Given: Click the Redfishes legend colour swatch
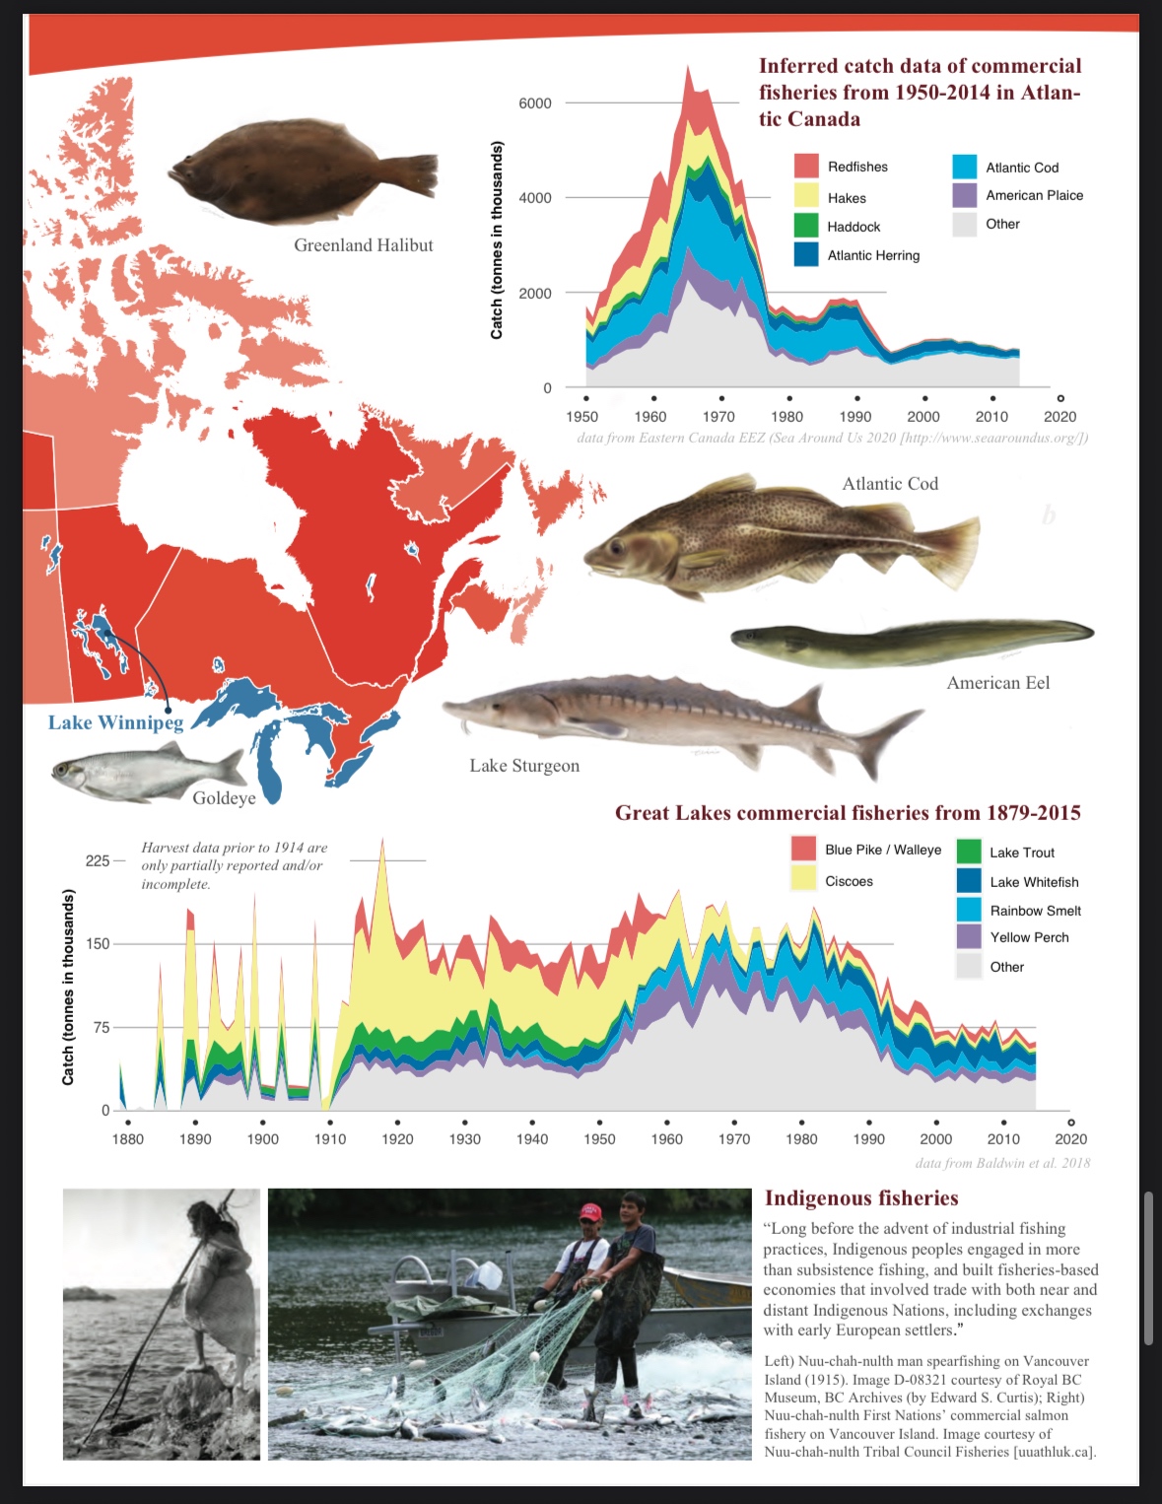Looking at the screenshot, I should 806,167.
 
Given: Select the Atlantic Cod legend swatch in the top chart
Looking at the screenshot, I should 965,168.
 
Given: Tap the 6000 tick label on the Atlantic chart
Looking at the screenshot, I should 535,103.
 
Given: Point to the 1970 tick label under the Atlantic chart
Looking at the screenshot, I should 718,417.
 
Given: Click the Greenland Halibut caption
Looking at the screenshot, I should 363,245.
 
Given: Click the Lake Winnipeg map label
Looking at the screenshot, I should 115,722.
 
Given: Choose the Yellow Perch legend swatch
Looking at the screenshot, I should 969,937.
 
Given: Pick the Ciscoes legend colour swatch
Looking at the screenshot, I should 804,880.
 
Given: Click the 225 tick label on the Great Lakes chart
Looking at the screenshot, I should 98,860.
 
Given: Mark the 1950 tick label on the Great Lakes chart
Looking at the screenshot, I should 599,1139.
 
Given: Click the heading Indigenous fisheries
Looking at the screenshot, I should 861,1198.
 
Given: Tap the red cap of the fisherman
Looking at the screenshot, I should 589,1211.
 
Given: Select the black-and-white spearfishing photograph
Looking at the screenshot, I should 162,1324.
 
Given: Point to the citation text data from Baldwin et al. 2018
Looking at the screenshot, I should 1002,1163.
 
